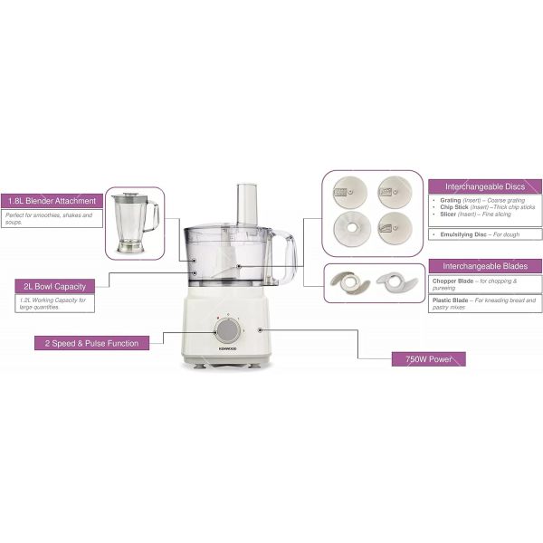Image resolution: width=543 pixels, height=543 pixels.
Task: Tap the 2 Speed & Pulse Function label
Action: (87, 343)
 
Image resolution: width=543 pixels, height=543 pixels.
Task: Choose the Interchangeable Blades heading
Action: (485, 266)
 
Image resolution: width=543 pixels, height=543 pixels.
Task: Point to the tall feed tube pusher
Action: (246, 205)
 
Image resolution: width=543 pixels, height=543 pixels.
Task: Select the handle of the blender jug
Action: (155, 217)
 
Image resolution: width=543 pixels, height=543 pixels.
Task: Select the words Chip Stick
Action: (454, 206)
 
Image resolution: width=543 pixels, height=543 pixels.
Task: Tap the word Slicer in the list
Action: (448, 214)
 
